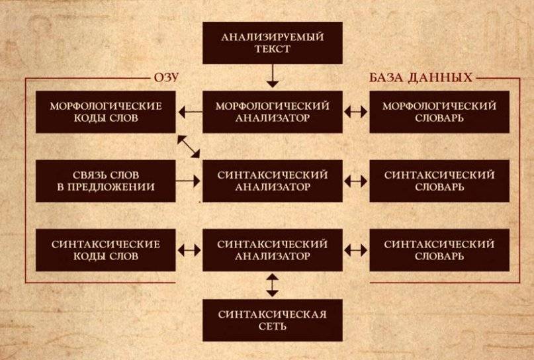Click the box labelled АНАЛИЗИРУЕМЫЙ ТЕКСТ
click(x=273, y=43)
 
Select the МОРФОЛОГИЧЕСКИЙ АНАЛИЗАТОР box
click(x=273, y=112)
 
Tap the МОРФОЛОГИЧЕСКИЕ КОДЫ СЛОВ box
click(x=106, y=112)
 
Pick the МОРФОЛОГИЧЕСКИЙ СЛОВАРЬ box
click(x=439, y=112)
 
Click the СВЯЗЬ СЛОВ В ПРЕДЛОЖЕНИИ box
click(x=106, y=181)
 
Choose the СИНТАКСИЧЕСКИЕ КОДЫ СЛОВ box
click(x=106, y=250)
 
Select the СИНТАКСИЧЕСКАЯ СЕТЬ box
click(x=273, y=320)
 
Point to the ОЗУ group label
click(x=166, y=77)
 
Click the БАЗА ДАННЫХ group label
click(x=421, y=77)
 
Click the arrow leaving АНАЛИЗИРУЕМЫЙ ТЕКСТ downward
click(x=273, y=76)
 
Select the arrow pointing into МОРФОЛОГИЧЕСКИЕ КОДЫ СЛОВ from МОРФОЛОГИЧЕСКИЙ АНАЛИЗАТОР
click(x=190, y=112)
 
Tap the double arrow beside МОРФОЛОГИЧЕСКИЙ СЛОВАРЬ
click(x=356, y=112)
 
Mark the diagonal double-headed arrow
click(x=189, y=146)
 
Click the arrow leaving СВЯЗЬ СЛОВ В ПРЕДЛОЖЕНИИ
click(x=188, y=181)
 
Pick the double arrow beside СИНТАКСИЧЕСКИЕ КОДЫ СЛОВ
click(x=189, y=250)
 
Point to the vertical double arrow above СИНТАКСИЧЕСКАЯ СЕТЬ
click(x=273, y=285)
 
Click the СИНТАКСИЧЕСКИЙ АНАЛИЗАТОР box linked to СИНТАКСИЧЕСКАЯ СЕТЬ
click(x=273, y=250)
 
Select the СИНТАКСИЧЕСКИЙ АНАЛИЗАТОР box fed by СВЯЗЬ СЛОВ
click(x=273, y=181)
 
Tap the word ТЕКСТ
click(x=273, y=49)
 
